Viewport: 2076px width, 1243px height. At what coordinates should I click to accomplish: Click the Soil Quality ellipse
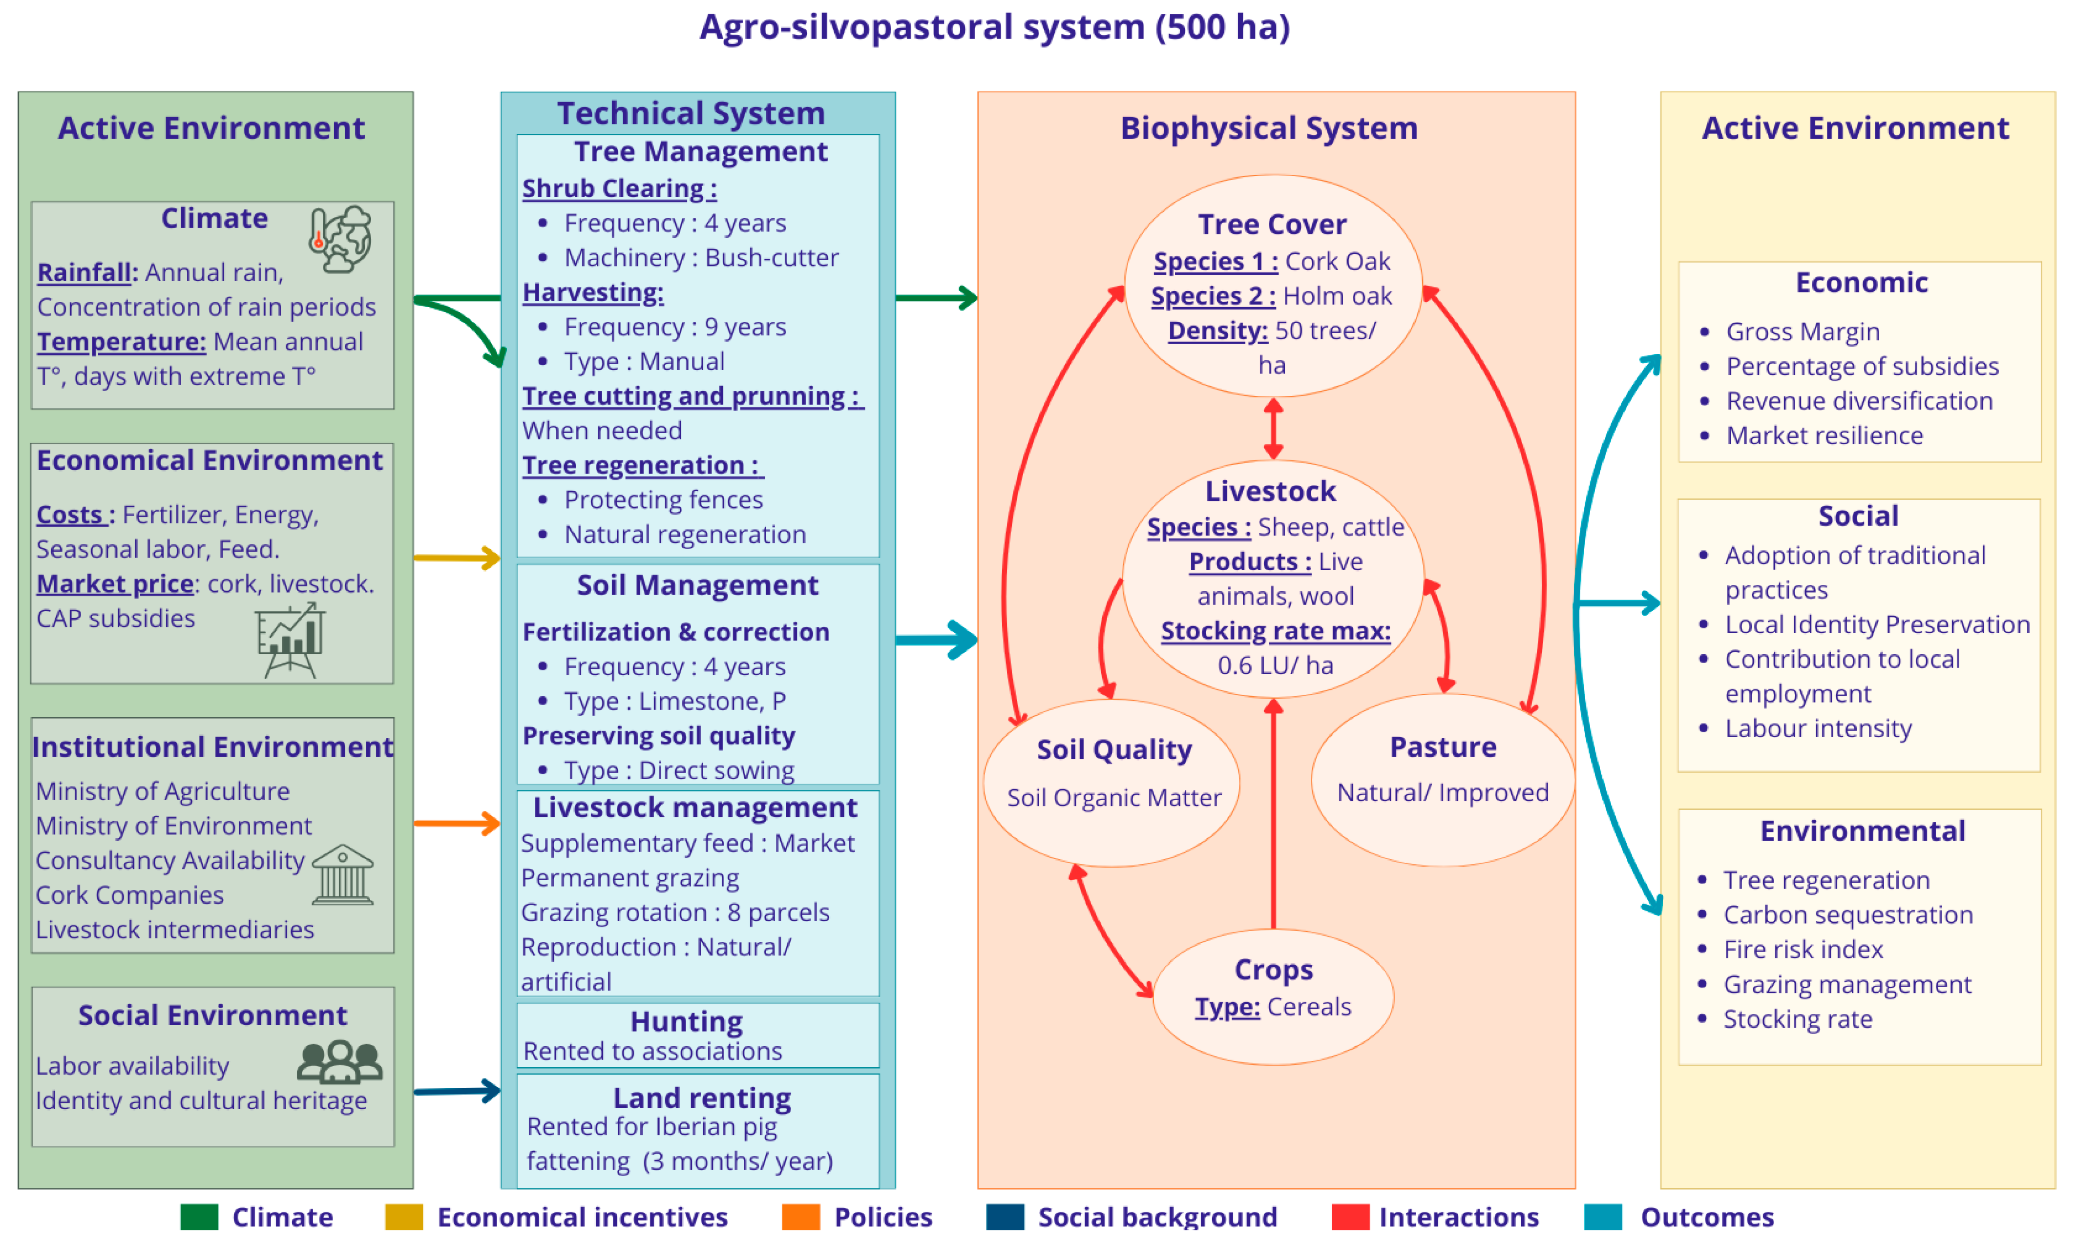[1111, 783]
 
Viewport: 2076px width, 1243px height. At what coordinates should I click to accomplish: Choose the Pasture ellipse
[1443, 781]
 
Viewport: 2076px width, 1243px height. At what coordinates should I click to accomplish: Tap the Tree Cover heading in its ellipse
[1272, 225]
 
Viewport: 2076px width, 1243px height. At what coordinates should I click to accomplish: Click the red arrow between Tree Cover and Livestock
[1274, 428]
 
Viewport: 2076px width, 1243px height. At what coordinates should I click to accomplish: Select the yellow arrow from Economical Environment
[457, 558]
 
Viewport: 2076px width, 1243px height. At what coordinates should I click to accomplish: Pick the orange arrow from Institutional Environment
[457, 823]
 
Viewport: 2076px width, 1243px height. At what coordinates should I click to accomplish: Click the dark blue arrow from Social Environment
[457, 1091]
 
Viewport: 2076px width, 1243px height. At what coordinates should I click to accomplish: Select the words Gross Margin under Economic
[1802, 331]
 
